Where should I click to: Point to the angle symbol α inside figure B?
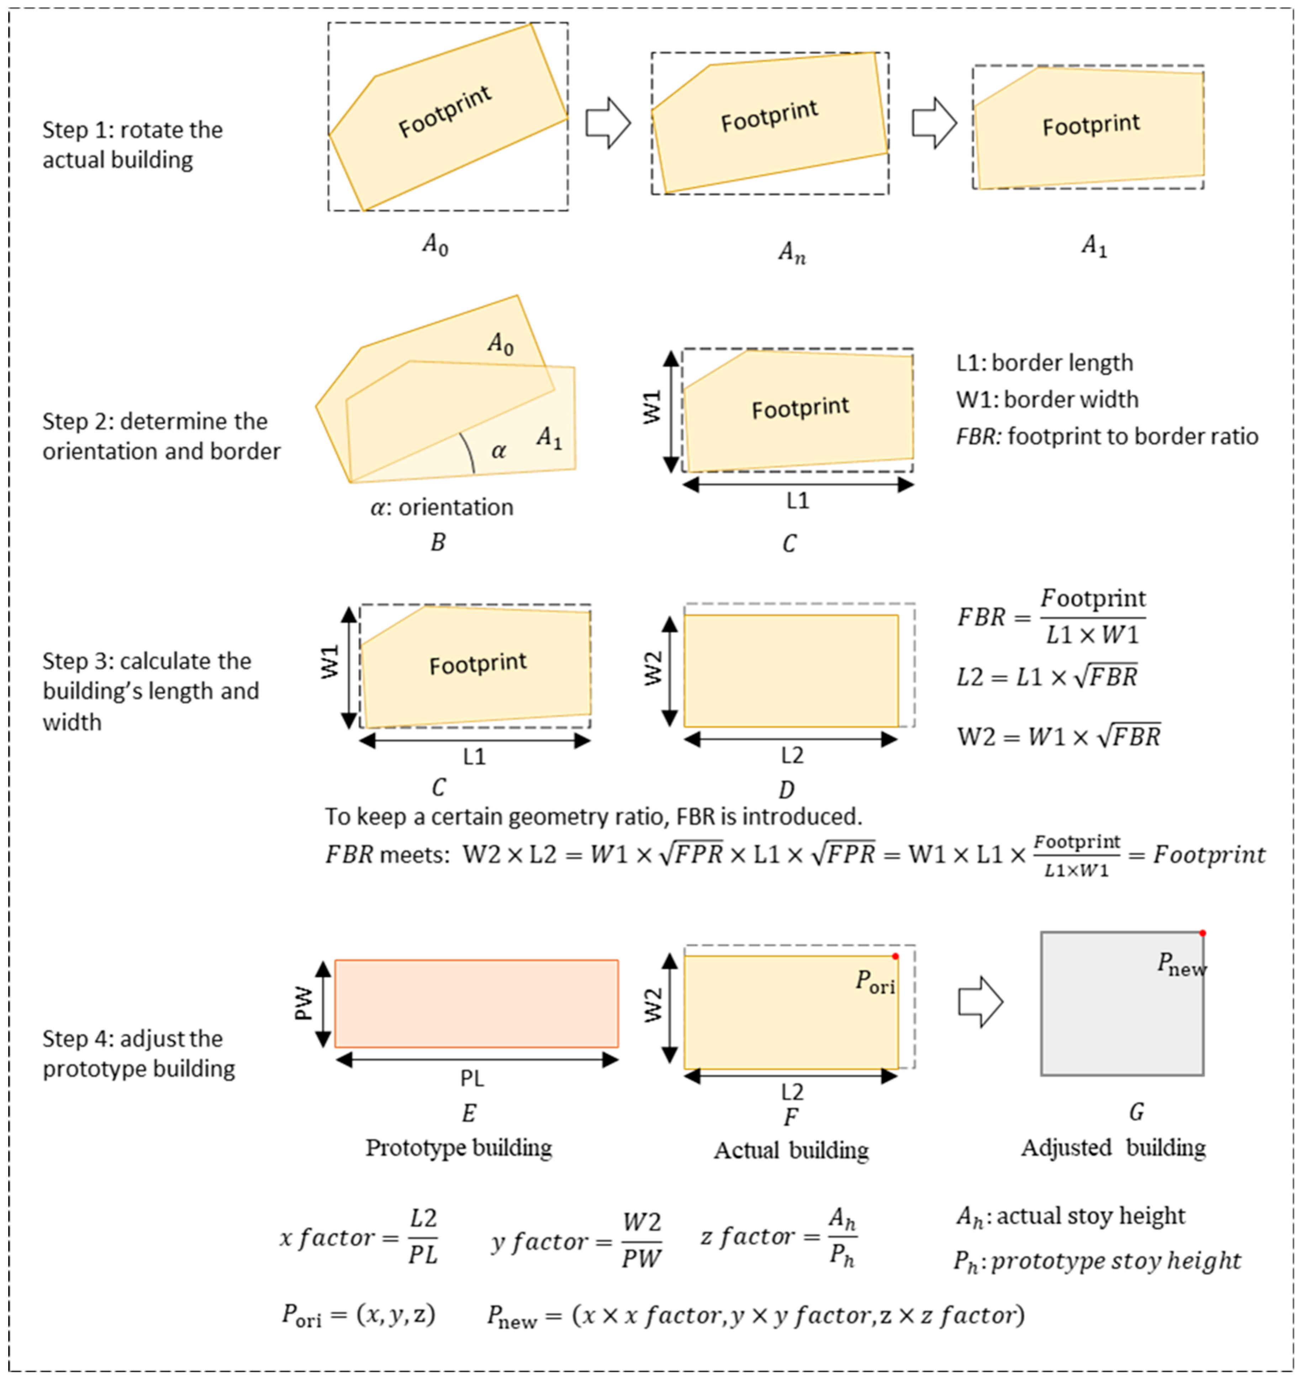[x=498, y=451]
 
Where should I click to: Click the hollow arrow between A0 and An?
[x=608, y=123]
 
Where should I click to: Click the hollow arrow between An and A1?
[x=934, y=123]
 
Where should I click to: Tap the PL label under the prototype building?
[x=472, y=1078]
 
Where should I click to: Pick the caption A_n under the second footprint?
[x=792, y=252]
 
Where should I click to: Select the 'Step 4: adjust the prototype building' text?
[x=139, y=1054]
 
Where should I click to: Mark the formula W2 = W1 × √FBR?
[x=1058, y=736]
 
